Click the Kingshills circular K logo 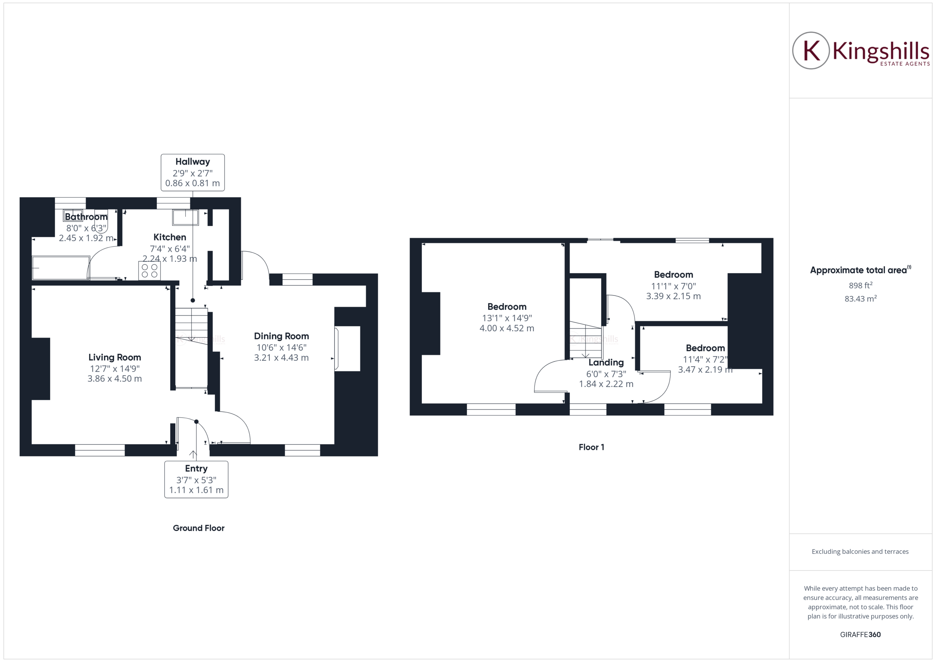click(811, 50)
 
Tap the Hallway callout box click(192, 173)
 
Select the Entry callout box click(196, 479)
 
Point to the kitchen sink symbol click(185, 217)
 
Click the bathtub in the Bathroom click(61, 268)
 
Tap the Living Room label click(114, 358)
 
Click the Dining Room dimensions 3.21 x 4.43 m click(281, 358)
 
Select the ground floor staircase click(192, 326)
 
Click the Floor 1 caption click(591, 447)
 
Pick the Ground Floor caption click(199, 528)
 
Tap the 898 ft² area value click(860, 285)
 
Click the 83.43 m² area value click(860, 298)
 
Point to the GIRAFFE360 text click(860, 635)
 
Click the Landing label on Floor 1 click(606, 362)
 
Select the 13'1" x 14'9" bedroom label click(507, 318)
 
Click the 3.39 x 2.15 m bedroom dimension click(673, 296)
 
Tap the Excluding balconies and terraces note click(860, 552)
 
